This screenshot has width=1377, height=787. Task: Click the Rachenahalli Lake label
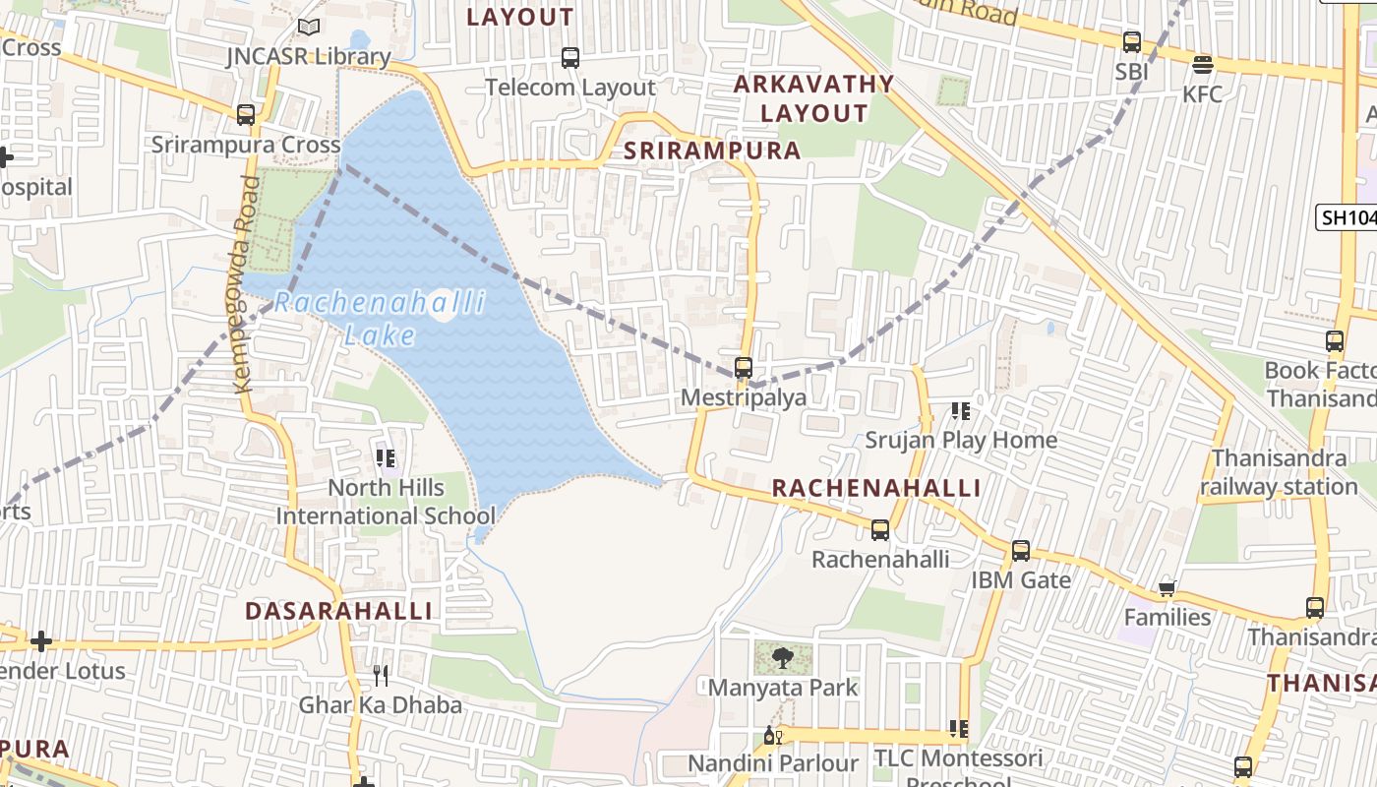pos(380,318)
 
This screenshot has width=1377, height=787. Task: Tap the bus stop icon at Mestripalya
pos(744,368)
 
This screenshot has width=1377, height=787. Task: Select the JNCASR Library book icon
pos(309,28)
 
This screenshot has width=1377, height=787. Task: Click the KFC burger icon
pos(1202,66)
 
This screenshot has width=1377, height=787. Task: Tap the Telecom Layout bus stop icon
pos(570,58)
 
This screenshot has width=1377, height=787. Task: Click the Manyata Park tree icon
pos(783,657)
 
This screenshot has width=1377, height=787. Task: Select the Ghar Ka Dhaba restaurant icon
pos(381,676)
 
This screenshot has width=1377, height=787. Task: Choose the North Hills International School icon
pos(386,458)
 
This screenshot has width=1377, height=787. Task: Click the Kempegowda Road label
pos(245,284)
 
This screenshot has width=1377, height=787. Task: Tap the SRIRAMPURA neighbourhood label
pos(712,151)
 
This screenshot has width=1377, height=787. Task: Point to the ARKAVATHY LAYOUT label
pos(813,98)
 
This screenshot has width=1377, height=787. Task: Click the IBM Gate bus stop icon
pos(1021,551)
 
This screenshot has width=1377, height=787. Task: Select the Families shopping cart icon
pos(1167,588)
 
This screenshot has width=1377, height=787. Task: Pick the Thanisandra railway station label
pos(1279,472)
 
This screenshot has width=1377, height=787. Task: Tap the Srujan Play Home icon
pos(960,411)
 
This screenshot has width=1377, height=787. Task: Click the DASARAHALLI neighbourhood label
pos(338,611)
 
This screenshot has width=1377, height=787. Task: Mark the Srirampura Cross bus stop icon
pos(246,115)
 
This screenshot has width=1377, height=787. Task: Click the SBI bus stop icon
pos(1132,42)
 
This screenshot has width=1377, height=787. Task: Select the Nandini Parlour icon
pos(773,735)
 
